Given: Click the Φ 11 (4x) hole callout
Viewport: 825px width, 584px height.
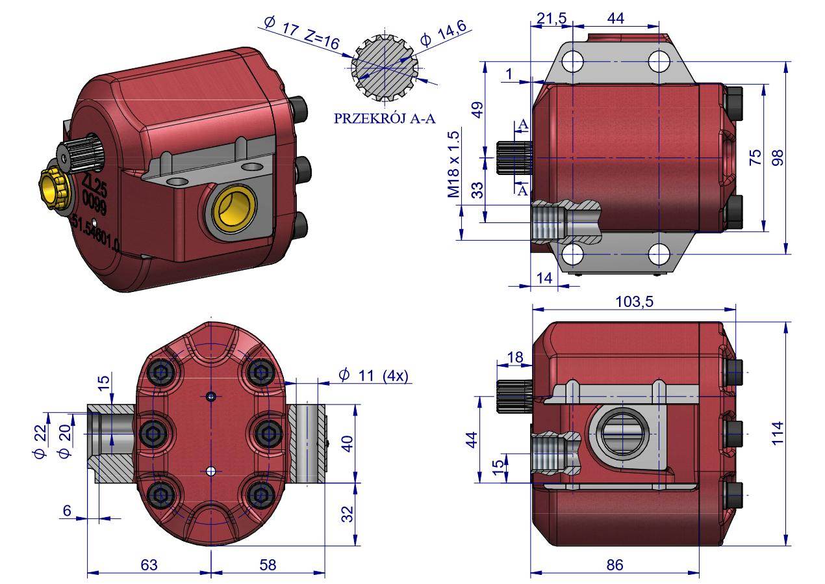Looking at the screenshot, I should (x=373, y=375).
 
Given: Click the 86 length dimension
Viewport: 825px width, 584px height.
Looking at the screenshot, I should (x=615, y=564).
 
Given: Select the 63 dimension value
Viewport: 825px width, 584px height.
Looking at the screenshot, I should (x=149, y=564).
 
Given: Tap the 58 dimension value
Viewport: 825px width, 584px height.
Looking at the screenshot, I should (x=267, y=564).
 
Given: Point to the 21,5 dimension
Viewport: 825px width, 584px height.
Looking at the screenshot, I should (x=549, y=19).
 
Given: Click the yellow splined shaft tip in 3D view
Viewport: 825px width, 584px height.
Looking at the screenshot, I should (x=52, y=186).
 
